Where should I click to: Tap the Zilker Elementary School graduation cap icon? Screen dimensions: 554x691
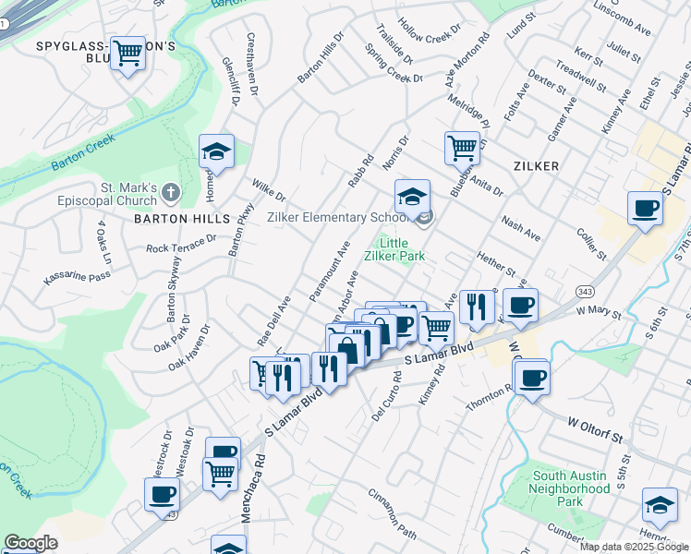412,196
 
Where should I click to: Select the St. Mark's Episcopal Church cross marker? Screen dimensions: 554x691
169,192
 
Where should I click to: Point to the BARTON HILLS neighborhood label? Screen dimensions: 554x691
181,219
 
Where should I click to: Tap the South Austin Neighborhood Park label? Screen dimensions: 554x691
571,488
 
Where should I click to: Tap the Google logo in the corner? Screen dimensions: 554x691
30,543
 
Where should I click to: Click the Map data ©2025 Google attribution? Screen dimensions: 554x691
634,547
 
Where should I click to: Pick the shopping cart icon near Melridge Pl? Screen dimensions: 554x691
461,146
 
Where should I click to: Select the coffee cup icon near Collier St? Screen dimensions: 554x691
645,207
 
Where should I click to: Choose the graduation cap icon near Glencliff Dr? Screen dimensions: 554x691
216,151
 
